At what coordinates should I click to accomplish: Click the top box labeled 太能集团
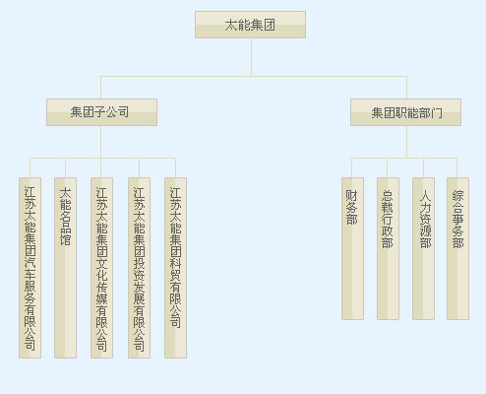tap(250, 25)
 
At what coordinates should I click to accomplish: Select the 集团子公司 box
tap(101, 112)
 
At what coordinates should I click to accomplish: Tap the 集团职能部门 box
tap(405, 112)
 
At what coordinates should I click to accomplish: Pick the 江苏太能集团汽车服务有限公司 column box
tap(30, 268)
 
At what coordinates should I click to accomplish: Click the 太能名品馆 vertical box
tap(65, 268)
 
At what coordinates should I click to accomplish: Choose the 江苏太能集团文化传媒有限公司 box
tap(101, 268)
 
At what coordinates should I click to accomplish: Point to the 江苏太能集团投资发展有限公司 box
tap(139, 268)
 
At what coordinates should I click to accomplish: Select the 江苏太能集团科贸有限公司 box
tap(175, 268)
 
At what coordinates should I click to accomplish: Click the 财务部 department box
tap(352, 248)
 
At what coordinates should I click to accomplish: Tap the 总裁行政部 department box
tap(388, 248)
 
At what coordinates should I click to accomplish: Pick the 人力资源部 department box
tap(423, 248)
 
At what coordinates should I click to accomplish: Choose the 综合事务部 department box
tap(457, 248)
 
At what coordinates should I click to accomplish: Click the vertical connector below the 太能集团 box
tap(251, 57)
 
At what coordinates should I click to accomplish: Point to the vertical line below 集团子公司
tap(100, 142)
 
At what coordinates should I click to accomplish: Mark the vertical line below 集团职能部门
tap(407, 142)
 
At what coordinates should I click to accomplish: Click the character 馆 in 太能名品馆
tap(65, 239)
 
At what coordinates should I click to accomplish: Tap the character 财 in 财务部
tap(352, 195)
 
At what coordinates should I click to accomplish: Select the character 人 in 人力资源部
tap(426, 195)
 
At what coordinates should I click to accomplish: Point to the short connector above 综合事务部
tap(457, 167)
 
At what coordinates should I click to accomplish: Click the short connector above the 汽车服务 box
tap(30, 167)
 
